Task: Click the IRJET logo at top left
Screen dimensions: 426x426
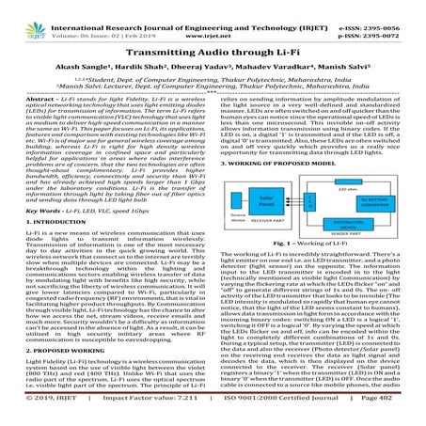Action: pos(34,17)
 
